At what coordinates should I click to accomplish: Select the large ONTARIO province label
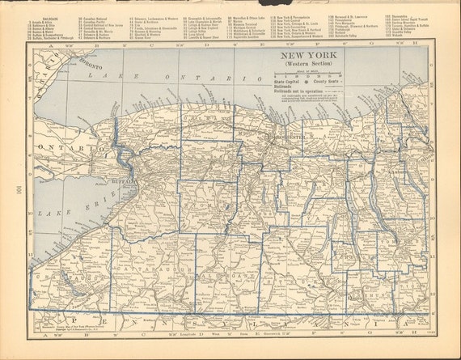(61, 150)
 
